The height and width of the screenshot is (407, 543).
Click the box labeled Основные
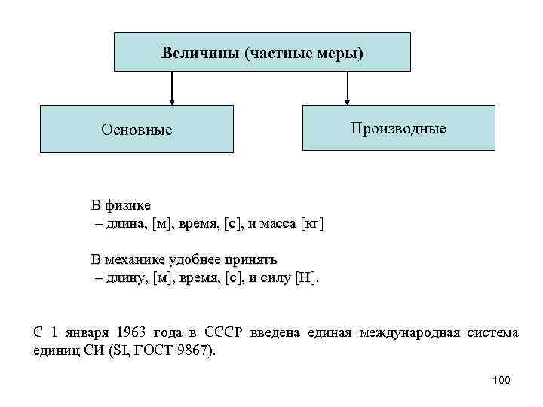[137, 130]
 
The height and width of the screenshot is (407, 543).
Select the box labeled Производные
[398, 128]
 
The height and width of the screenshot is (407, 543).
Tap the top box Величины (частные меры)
[262, 52]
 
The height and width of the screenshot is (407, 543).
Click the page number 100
[500, 380]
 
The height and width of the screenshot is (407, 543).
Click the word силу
[276, 278]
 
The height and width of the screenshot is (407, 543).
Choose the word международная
[410, 332]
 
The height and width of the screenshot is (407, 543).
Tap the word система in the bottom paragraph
[492, 332]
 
